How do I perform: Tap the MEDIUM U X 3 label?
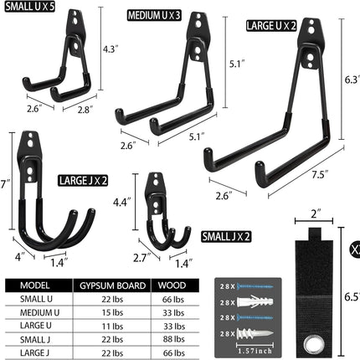point(154,16)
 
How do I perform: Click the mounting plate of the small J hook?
point(157,188)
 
